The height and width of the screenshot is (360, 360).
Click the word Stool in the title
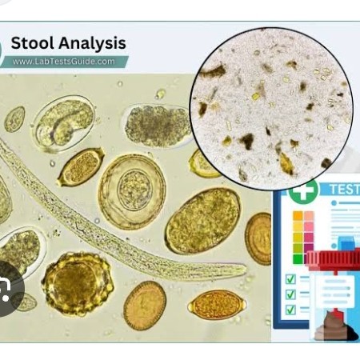(33, 42)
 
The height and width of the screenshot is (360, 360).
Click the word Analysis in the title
(92, 44)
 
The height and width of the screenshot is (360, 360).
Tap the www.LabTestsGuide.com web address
(63, 62)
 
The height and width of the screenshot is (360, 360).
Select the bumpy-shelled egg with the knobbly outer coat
(78, 283)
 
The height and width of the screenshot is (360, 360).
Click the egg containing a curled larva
(64, 124)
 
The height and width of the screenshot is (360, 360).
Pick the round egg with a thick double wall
(132, 191)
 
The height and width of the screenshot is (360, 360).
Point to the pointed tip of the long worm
(245, 268)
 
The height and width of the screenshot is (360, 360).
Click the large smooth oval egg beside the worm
(203, 221)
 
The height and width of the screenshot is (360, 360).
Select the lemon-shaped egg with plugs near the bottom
(217, 305)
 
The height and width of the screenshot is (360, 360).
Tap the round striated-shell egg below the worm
(145, 306)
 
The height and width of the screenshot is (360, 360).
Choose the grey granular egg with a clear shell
(158, 126)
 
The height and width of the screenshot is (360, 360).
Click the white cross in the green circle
(303, 190)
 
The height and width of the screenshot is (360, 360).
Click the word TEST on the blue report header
(345, 189)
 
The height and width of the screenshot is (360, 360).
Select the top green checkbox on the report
(290, 279)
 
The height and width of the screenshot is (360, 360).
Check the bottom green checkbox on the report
(290, 310)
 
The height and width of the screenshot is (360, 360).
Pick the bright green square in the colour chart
(298, 258)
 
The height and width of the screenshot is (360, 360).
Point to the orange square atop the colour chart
(298, 216)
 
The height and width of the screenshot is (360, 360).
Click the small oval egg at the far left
(15, 119)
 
